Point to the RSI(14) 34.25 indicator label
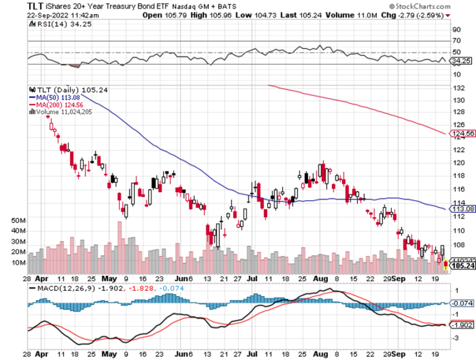click(56, 24)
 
